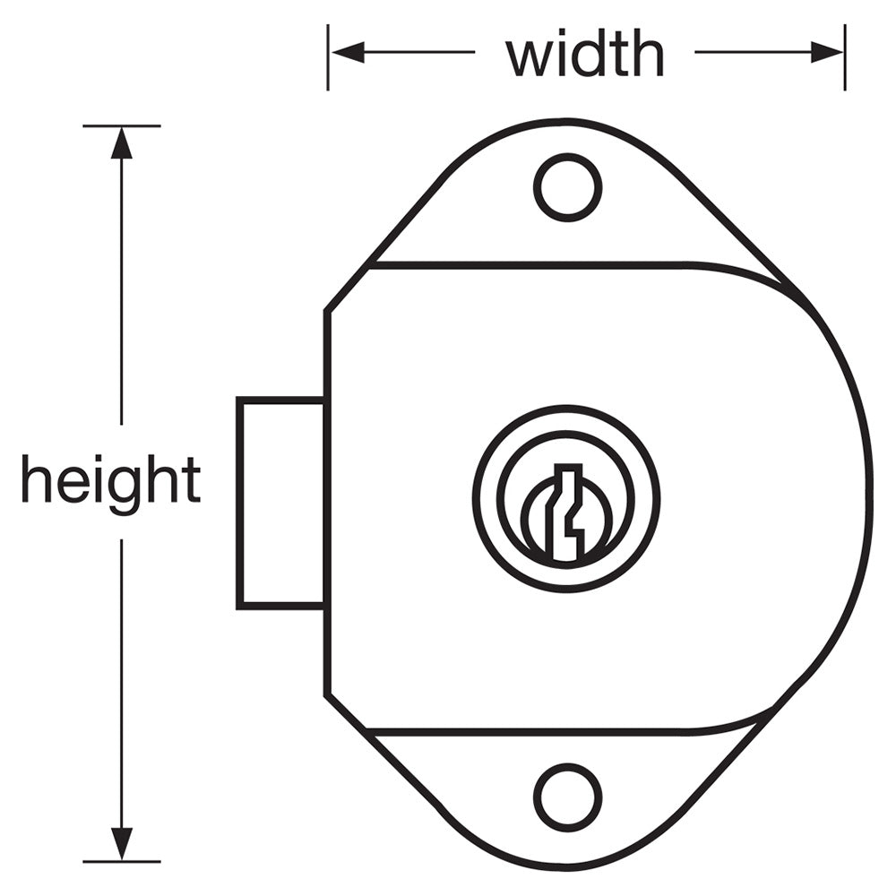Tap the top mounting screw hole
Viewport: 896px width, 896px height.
tap(567, 187)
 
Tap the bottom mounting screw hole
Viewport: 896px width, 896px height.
tap(567, 797)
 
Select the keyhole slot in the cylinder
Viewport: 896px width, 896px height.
tap(567, 512)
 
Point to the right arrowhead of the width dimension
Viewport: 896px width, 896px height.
tap(827, 52)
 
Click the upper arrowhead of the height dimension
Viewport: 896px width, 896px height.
tap(121, 142)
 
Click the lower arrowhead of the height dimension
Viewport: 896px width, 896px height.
tap(121, 843)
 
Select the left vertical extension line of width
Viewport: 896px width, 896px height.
tap(328, 57)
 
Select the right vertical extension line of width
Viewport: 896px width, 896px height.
tap(845, 57)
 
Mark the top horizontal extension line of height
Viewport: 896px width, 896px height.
tap(122, 125)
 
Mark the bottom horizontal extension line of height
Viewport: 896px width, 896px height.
tap(122, 862)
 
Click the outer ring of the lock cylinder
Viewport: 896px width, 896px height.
tap(566, 499)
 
